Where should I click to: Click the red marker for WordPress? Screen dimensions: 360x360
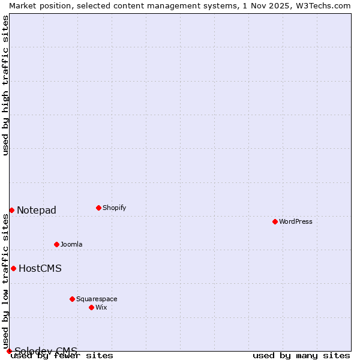[275, 221]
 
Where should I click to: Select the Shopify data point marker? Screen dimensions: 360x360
[98, 208]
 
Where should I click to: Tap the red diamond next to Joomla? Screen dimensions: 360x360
[56, 244]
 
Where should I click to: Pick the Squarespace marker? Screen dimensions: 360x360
[72, 299]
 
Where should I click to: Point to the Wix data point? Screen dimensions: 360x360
[91, 307]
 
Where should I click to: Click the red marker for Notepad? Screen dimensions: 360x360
[11, 210]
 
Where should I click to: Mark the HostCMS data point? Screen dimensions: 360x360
[13, 268]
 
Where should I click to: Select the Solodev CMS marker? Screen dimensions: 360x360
[9, 351]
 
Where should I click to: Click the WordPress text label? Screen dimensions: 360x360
[296, 221]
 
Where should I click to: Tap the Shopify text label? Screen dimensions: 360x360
[114, 208]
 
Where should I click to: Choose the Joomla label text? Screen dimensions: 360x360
[71, 244]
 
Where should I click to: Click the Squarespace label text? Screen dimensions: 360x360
[97, 299]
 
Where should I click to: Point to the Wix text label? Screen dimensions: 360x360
[101, 307]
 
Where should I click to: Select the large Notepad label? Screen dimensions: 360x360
[37, 210]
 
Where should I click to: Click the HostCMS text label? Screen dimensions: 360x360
[40, 268]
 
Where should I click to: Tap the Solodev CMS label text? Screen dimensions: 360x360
[46, 351]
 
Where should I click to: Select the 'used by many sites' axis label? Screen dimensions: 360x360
[301, 355]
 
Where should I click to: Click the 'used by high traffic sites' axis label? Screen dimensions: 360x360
[5, 85]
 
